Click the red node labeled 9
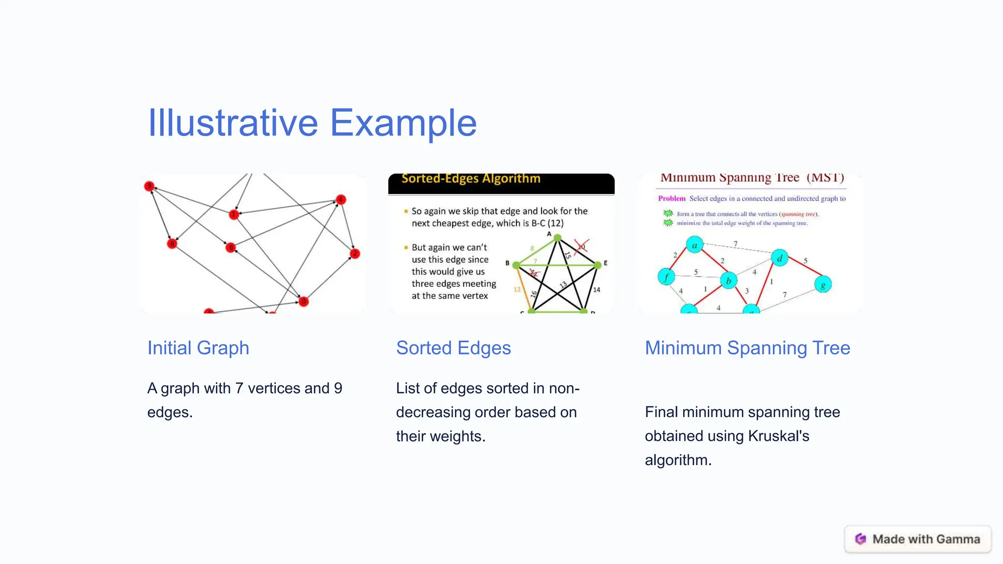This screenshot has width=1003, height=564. [149, 186]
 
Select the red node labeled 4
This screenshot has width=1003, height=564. [341, 199]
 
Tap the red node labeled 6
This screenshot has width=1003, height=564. [231, 247]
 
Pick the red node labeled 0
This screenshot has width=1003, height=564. [303, 301]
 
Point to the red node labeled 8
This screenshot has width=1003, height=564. [172, 243]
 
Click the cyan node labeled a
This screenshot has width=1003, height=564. [694, 244]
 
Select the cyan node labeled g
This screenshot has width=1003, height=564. [823, 284]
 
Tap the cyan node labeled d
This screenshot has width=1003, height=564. [779, 258]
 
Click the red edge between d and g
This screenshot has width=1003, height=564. [802, 271]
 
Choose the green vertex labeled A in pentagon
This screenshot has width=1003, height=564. [557, 238]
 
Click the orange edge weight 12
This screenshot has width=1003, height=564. [517, 290]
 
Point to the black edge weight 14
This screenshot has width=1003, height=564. [597, 290]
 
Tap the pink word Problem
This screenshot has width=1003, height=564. [671, 198]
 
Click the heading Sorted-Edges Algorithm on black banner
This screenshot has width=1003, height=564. [471, 179]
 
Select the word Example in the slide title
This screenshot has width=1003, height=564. [403, 122]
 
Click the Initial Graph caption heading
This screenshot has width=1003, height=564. [198, 348]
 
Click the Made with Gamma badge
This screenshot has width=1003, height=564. [918, 539]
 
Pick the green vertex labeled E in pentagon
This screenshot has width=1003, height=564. [597, 265]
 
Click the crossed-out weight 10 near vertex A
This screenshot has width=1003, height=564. [581, 246]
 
